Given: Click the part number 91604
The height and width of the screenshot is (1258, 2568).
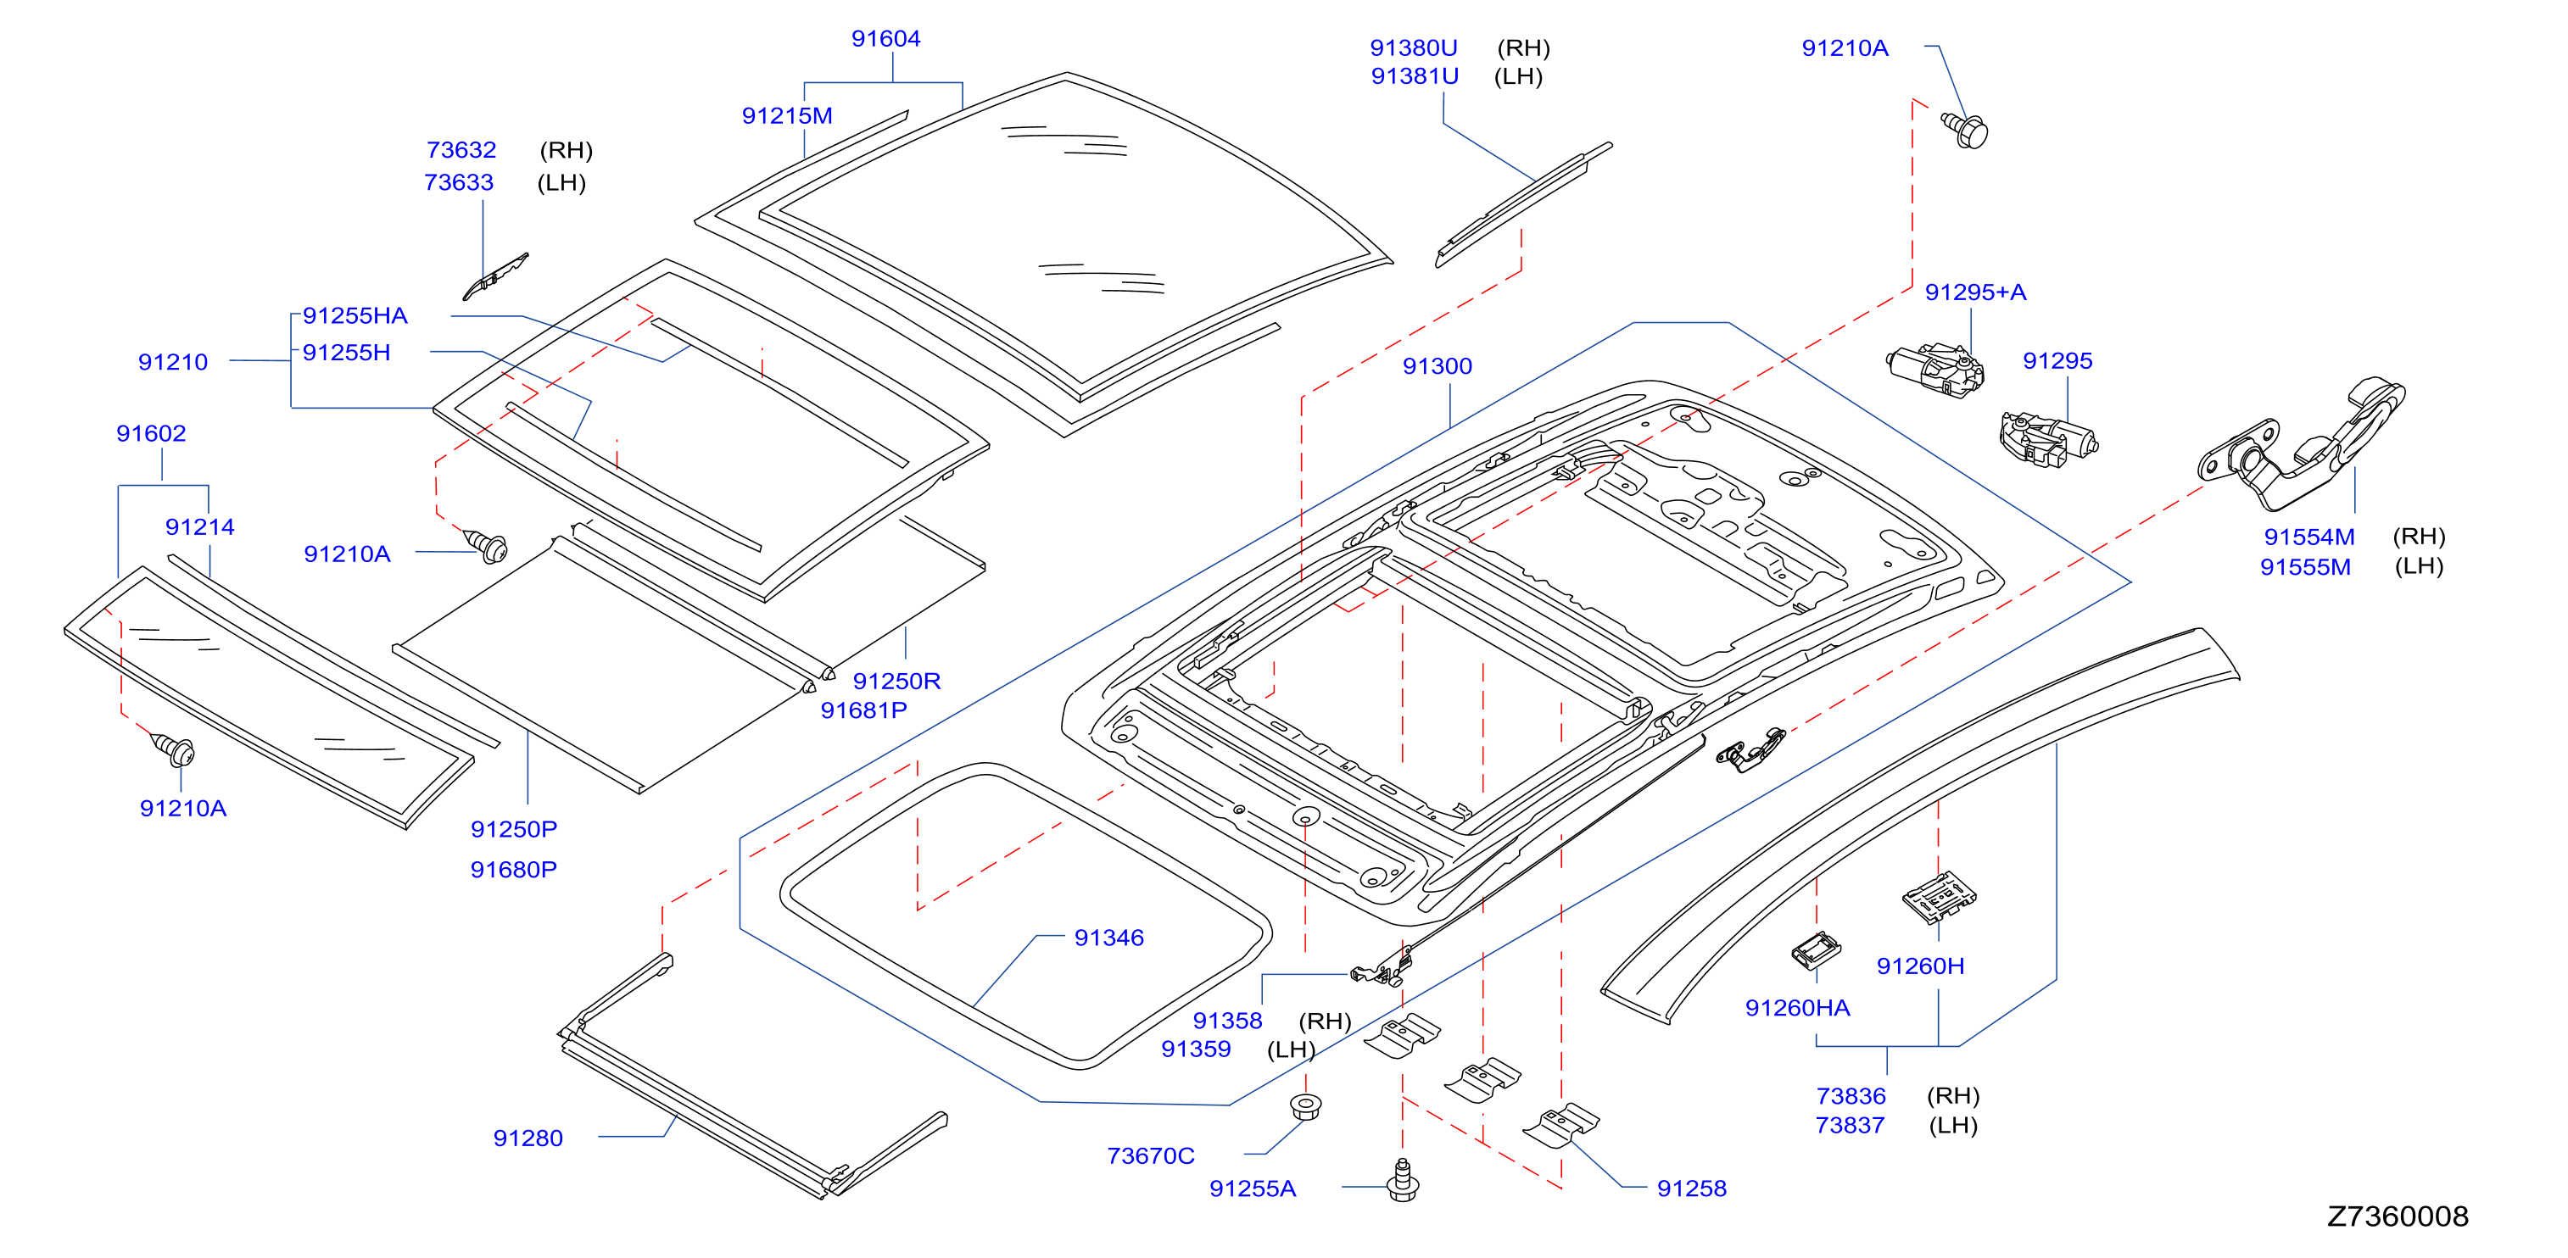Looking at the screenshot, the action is point(885,39).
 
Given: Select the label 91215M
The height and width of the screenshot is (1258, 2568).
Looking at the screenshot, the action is point(786,115).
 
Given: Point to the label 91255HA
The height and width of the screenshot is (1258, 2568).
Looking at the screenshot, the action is point(354,316).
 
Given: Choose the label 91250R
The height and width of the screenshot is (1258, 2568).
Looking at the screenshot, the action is point(896,681).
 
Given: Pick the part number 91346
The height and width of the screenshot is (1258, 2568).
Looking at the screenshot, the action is point(1108,938).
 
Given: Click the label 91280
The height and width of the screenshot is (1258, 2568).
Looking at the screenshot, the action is point(528,1138).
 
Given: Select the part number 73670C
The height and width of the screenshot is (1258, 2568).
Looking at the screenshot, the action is point(1150,1156).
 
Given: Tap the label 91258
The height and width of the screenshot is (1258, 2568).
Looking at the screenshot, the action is point(1691,1188).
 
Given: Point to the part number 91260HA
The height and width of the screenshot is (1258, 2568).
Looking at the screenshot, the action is point(1797,1008).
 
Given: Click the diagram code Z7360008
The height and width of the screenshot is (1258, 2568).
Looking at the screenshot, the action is point(2398,1216).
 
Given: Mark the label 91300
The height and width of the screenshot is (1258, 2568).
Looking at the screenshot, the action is point(1437,366).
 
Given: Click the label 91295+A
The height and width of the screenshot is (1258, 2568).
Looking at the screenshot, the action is point(1975,292).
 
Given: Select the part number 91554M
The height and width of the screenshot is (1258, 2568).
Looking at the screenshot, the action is point(2308,537).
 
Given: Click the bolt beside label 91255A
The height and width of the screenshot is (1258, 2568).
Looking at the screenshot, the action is point(1403,1180).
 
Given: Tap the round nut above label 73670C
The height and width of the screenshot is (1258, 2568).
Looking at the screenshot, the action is point(1305,1106).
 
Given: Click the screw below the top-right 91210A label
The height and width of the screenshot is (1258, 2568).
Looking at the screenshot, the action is point(1965,131).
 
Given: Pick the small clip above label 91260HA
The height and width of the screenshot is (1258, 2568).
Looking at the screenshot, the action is point(1816,950).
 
